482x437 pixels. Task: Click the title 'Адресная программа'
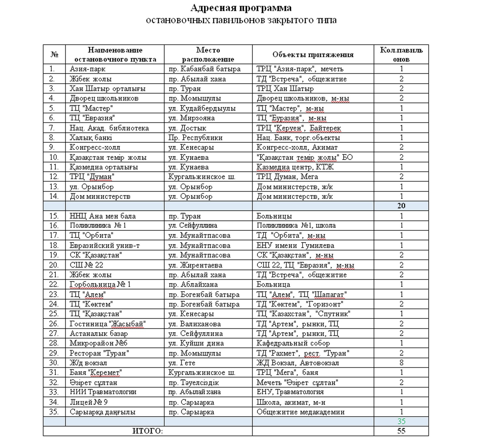coord(241,8)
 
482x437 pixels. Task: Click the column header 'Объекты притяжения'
coord(313,55)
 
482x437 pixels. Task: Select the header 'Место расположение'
coord(208,55)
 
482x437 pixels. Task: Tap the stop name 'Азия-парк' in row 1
coord(87,69)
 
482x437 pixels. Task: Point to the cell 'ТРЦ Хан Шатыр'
coord(285,88)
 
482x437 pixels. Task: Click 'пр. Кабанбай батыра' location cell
coord(204,69)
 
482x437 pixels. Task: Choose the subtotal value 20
coord(401,206)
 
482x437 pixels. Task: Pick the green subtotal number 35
coord(401,421)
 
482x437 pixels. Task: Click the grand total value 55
coord(401,431)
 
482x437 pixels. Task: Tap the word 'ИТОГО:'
coord(148,431)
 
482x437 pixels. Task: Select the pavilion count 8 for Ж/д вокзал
coord(401,363)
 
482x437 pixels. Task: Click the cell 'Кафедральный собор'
coord(293,343)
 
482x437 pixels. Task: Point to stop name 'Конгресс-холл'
coord(95,147)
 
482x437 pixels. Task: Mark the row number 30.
coord(54,363)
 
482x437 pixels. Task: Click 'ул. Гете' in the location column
coord(182,363)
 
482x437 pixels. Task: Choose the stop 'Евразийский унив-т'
coord(105,245)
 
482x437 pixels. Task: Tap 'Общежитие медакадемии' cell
coord(301,412)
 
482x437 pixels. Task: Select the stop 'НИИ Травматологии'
coord(103,392)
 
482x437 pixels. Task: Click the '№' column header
coord(54,55)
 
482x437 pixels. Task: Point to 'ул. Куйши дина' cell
coord(196,343)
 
